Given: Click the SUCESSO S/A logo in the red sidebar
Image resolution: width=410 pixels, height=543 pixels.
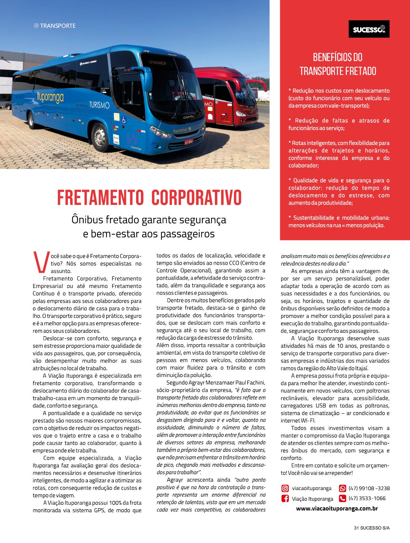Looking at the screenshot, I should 369,29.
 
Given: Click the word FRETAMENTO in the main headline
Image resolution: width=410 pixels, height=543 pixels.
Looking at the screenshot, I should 100,198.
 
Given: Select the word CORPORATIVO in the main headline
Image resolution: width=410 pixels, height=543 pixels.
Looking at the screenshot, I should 196,198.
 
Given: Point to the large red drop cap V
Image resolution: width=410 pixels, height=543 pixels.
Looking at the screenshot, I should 41,262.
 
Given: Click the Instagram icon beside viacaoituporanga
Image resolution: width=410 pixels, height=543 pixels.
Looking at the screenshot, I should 285,488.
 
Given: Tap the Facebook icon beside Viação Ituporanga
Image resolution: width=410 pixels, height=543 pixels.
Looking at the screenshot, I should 285,499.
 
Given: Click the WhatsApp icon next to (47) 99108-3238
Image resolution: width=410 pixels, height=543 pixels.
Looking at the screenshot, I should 343,488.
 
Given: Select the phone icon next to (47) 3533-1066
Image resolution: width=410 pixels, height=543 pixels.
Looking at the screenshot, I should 343,499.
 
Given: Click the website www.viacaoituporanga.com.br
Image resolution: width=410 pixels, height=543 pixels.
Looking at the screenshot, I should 337,509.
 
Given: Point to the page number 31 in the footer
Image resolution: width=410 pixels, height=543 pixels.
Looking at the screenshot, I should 356,528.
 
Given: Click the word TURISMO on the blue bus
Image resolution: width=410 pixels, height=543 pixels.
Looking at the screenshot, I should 99,105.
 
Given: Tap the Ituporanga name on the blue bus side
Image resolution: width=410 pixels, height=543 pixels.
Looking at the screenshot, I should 50,97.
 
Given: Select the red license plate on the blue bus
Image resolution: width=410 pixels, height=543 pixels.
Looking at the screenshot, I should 189,142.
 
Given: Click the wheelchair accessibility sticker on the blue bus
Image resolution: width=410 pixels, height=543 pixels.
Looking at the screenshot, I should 124,120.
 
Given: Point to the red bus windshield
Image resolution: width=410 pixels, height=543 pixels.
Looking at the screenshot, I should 246,91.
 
